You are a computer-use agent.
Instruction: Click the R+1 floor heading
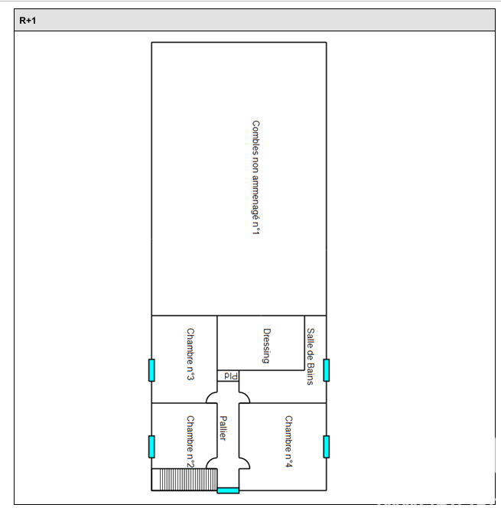pos(28,21)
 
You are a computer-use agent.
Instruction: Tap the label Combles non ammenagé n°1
pos(256,177)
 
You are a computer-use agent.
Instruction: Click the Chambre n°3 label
pos(190,354)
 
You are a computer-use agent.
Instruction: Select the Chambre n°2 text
pos(190,441)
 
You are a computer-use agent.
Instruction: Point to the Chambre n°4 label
pos(289,441)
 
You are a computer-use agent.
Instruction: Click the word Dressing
pos(267,346)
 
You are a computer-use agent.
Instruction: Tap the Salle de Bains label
pos(311,356)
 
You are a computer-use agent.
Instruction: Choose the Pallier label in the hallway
pos(223,428)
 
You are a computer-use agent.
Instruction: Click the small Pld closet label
pos(231,376)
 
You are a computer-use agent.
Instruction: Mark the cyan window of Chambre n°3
pos(151,370)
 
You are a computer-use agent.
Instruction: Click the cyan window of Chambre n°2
pos(151,447)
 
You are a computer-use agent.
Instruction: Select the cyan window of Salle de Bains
pos(327,370)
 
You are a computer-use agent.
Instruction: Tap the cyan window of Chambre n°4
pos(327,447)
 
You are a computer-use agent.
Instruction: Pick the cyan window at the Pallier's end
pos(228,490)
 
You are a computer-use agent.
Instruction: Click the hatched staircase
pos(184,480)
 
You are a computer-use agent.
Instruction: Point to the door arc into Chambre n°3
pos(210,395)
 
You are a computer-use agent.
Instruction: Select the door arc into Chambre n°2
pos(210,461)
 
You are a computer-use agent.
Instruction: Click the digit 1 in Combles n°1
pos(256,232)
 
